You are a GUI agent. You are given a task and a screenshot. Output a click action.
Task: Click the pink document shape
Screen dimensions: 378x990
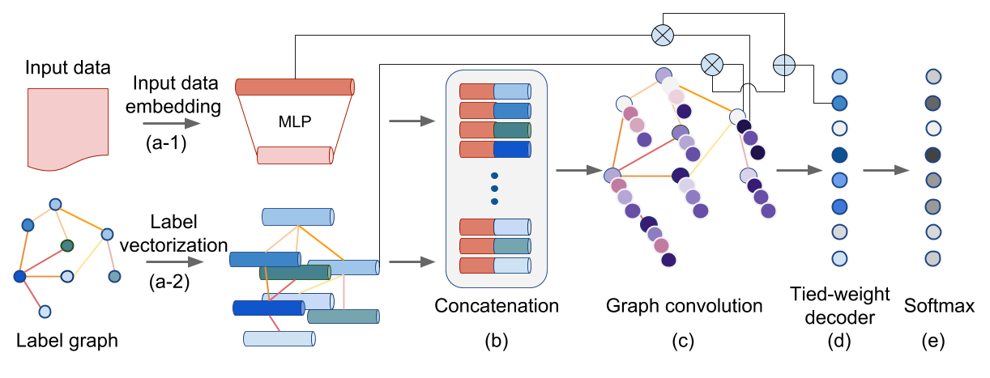click(x=68, y=128)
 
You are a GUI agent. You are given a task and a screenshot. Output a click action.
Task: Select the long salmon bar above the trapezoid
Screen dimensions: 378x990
click(x=295, y=87)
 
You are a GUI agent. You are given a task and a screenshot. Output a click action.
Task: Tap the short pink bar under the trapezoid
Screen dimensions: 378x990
click(x=295, y=155)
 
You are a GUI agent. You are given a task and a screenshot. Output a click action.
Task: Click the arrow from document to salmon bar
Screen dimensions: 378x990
click(x=172, y=123)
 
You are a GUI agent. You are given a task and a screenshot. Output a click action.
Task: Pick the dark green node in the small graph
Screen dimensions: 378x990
click(x=67, y=245)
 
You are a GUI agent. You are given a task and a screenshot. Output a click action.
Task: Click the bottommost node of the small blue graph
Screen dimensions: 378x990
click(x=45, y=312)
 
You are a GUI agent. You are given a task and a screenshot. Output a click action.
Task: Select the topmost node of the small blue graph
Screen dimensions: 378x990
click(x=55, y=204)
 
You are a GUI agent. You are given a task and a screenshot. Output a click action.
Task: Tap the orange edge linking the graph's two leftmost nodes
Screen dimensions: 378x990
click(x=23, y=251)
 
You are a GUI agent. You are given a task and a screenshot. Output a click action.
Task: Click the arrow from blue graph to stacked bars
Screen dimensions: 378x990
click(x=174, y=261)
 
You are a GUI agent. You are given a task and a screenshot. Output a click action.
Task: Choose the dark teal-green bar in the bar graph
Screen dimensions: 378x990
click(x=295, y=273)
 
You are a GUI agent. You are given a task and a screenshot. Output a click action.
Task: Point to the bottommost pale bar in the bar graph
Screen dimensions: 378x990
click(x=280, y=338)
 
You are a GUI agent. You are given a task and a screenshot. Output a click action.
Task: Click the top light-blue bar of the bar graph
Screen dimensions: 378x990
click(x=298, y=217)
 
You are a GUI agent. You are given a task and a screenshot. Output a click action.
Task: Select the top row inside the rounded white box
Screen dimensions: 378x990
click(x=495, y=91)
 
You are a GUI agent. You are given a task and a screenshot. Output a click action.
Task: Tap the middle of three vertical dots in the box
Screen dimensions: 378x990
click(x=494, y=189)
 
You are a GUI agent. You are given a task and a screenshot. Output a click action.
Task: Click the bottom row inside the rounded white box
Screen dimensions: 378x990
click(x=495, y=265)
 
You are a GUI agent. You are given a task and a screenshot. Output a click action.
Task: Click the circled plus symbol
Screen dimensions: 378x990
click(x=784, y=65)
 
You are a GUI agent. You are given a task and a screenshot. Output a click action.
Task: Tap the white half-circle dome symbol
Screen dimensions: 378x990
click(x=749, y=88)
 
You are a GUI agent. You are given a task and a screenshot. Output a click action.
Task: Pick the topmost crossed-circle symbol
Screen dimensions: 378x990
click(x=663, y=35)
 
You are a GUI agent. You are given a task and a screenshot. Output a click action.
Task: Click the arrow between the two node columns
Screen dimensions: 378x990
click(x=886, y=170)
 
